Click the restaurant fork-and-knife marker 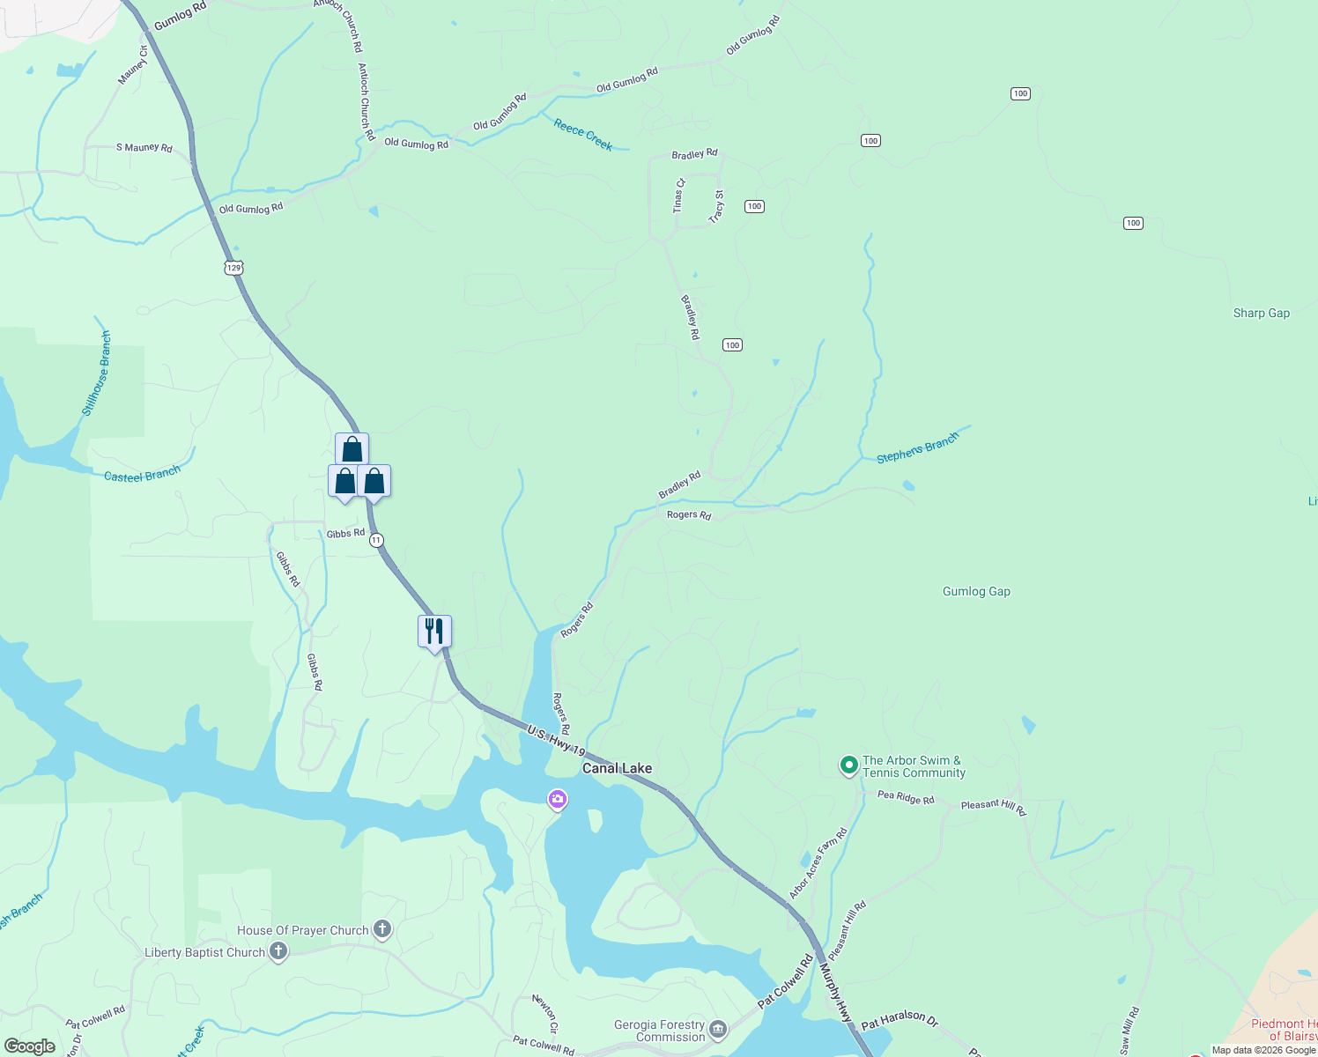tap(434, 632)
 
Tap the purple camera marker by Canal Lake tap(557, 800)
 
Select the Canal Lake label tap(617, 768)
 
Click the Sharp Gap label tap(1261, 313)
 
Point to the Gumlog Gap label tap(976, 591)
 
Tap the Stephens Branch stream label tap(917, 448)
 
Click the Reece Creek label tap(583, 134)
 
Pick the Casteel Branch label tap(142, 475)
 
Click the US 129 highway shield tap(233, 268)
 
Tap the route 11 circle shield tap(376, 540)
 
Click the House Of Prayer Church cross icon tap(382, 929)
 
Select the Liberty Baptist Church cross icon tap(278, 951)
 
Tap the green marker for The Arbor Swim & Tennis tap(848, 765)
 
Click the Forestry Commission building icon tap(718, 1030)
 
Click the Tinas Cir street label tap(678, 196)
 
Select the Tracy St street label tap(718, 205)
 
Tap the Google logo tap(30, 1046)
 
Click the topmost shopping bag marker tap(352, 449)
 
